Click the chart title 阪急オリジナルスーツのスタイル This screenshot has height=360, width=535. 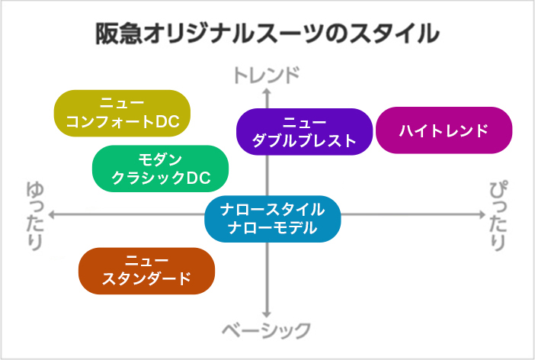(267, 34)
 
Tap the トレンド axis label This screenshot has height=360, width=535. (267, 76)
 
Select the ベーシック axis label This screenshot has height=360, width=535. (267, 330)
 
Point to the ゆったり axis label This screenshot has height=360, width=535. (35, 216)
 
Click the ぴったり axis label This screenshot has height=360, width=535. (498, 216)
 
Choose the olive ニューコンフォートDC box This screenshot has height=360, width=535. (122, 113)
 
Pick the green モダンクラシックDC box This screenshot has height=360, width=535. (160, 169)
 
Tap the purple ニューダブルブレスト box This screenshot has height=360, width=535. (304, 131)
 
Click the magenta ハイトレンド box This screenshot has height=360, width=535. (444, 130)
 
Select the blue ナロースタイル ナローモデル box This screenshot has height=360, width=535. (273, 219)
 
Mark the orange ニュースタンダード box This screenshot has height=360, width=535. (147, 271)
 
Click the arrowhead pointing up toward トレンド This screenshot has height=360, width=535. (267, 91)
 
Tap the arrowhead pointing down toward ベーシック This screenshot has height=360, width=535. (267, 314)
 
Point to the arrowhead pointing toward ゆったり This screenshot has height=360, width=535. (52, 215)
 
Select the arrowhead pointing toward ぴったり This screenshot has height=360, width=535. (482, 215)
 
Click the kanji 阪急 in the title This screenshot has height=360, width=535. (118, 34)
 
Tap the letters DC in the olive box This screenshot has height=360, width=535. (168, 121)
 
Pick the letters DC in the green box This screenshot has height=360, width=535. (199, 178)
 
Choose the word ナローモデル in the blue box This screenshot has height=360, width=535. (273, 228)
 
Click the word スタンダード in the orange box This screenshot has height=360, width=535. (147, 279)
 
